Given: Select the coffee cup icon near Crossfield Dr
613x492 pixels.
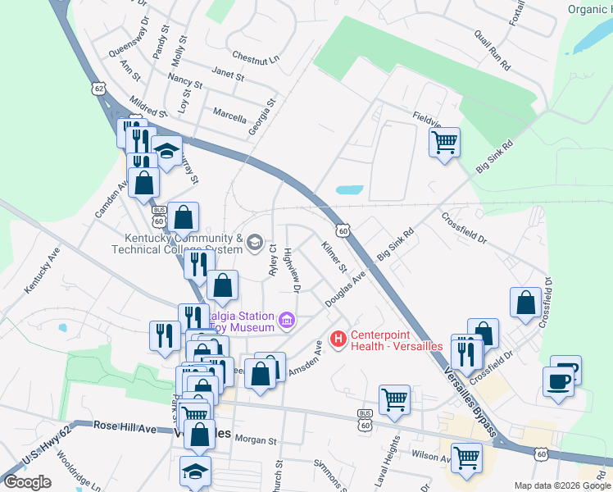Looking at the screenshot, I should click(557, 381).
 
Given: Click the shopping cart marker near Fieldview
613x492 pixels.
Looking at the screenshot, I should click(444, 143).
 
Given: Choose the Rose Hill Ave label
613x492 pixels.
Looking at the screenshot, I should click(125, 427).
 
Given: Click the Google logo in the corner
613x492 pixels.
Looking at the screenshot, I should click(27, 482).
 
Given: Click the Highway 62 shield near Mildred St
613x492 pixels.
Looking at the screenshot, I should click(100, 89).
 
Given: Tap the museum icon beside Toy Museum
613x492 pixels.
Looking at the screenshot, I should click(286, 319).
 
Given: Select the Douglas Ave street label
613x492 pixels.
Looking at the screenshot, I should click(344, 291).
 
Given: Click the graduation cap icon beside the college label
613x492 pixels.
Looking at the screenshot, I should click(254, 241).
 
